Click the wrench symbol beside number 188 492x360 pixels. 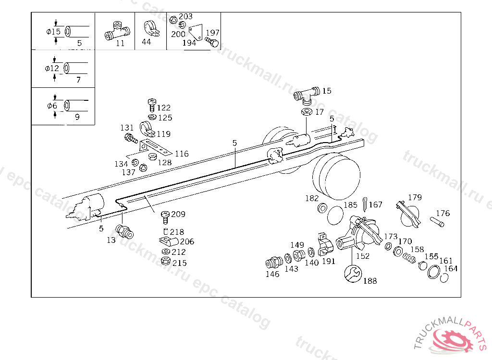[x=353, y=274]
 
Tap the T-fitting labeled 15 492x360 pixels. [x=307, y=95]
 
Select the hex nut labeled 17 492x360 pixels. [x=306, y=112]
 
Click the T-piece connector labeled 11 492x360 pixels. [x=117, y=31]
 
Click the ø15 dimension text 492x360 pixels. [x=53, y=32]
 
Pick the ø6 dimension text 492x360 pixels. [x=52, y=106]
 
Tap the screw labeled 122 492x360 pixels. [x=152, y=105]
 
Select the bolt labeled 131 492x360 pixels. [x=131, y=138]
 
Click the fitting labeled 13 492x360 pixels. [x=124, y=232]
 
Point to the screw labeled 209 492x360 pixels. [x=165, y=217]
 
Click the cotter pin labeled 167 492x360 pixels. [x=365, y=204]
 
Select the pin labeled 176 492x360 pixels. [x=437, y=222]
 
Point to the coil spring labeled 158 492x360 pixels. [x=409, y=258]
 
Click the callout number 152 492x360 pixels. [x=363, y=256]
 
